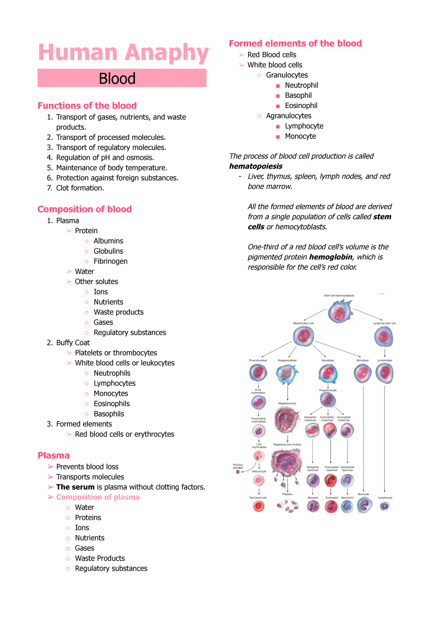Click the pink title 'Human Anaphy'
pos(123,53)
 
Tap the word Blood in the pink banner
pos(117,78)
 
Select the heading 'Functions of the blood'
pos(87,106)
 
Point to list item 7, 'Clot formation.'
pos(80,188)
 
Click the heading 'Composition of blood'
pos(85,209)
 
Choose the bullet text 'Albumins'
pos(108,241)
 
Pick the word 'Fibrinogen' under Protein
pos(110,261)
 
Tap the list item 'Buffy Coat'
pos(73,343)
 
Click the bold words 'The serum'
pos(75,487)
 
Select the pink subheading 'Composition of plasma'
pos(98,497)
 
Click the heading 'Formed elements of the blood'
pos(295,44)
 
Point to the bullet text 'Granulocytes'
pos(287,75)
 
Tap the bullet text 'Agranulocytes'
pos(289,116)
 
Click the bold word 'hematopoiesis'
pos(256,166)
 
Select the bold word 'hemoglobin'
pos(331,257)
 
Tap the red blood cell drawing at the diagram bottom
pos(259,506)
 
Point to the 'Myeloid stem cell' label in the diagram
pos(303,323)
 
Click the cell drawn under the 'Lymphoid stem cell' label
pos(384,337)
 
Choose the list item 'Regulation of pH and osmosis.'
pos(105,157)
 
